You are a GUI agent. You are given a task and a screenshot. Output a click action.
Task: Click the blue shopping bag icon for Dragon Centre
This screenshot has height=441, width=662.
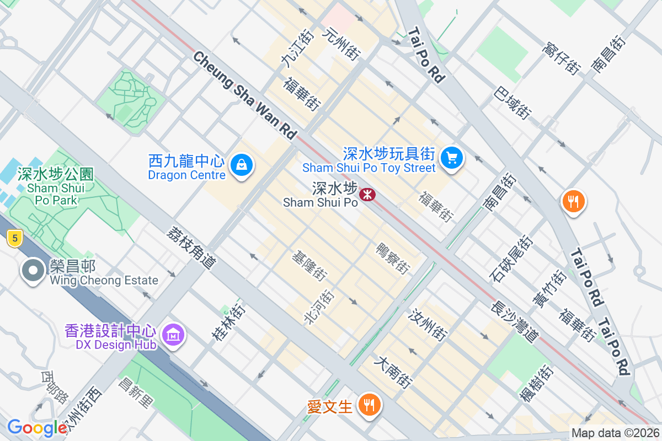pyautogui.click(x=241, y=164)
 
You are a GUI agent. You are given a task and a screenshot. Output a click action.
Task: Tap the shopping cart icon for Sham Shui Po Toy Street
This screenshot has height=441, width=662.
pyautogui.click(x=452, y=158)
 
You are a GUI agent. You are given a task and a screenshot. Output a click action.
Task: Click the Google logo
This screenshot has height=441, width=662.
pyautogui.click(x=37, y=428)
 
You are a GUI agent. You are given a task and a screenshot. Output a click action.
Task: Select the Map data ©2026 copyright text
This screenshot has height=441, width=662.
pyautogui.click(x=615, y=433)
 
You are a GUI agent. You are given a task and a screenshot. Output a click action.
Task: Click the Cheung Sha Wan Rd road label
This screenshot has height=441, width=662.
pyautogui.click(x=245, y=95)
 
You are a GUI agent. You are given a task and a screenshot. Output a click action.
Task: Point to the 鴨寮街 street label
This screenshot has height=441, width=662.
pyautogui.click(x=393, y=259)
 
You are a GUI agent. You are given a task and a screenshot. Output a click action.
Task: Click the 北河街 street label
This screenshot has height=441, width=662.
pyautogui.click(x=319, y=306)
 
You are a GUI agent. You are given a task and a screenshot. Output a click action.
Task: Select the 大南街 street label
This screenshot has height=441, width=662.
pyautogui.click(x=393, y=372)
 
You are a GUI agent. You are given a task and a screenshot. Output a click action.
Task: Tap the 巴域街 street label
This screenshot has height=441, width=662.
pyautogui.click(x=513, y=103)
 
